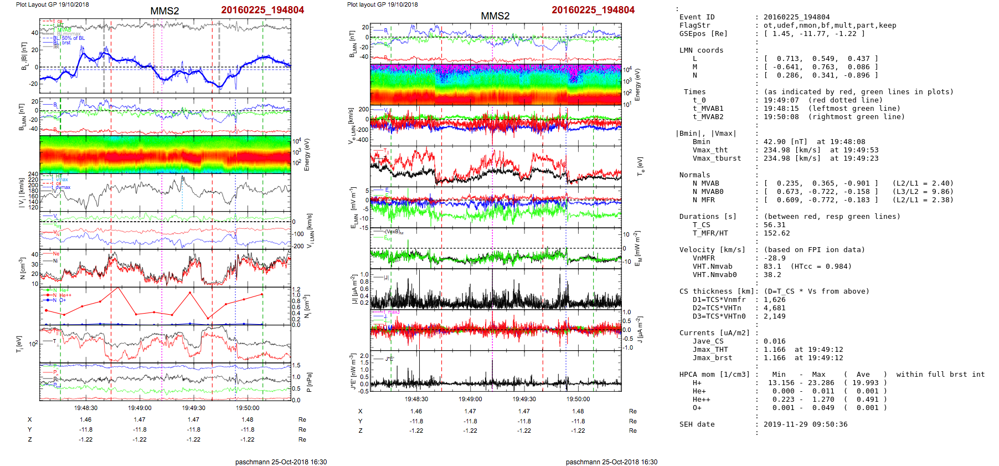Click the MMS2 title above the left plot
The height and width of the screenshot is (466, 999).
[x=164, y=11]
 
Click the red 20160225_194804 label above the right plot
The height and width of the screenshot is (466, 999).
[x=593, y=10]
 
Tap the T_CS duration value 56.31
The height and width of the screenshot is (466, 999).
[x=774, y=225]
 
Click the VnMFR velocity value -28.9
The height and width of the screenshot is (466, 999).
[x=774, y=258]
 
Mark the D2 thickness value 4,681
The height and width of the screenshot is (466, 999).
[x=774, y=308]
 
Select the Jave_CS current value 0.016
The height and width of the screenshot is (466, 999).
[x=774, y=341]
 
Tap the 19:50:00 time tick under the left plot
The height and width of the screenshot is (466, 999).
[x=248, y=408]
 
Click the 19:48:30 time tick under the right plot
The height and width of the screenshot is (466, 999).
[x=416, y=399]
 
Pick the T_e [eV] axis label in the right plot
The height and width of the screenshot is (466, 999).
[x=640, y=166]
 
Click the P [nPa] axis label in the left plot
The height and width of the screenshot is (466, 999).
[x=309, y=382]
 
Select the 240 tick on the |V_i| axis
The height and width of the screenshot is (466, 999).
[x=33, y=174]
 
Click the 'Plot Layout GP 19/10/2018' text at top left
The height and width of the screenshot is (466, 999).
[x=52, y=4]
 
